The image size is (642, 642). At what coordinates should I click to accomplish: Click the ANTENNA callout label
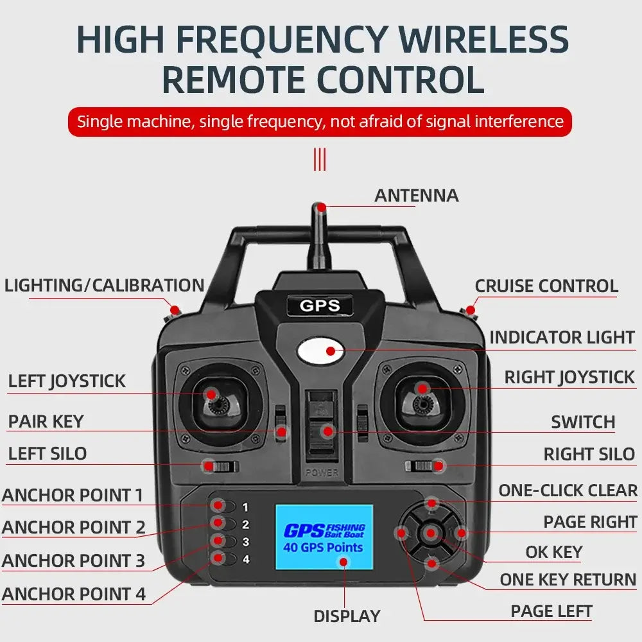pos(417,195)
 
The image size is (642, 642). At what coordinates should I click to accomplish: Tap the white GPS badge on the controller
pos(320,306)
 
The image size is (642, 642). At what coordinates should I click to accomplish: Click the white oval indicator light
pos(320,351)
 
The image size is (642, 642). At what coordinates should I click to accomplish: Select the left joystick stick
pos(217,403)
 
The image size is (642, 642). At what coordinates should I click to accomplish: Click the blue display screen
pos(324,537)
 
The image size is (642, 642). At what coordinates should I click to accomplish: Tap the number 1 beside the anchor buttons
pos(245,507)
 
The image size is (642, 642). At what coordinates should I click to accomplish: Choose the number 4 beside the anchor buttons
pos(246,559)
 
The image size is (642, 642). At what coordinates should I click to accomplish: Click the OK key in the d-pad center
pos(431,533)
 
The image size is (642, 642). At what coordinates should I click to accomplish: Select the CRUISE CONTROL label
pos(546,286)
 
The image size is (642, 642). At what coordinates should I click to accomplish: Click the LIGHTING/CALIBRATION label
pos(105,286)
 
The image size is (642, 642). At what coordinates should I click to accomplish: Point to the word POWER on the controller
pos(322,473)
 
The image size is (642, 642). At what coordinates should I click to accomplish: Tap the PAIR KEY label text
pos(46,421)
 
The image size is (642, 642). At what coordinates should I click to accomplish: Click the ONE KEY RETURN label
pos(568,580)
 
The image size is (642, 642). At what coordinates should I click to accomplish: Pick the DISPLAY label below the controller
pos(347,616)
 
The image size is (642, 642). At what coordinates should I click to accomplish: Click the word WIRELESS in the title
pos(484,39)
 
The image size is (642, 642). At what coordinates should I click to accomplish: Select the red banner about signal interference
pos(320,121)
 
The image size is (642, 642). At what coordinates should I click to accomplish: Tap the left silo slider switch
pos(221,466)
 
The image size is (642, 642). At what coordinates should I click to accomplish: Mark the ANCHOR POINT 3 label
pos(74,560)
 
